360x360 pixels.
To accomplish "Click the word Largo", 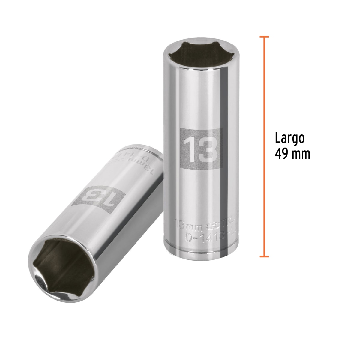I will [290, 139].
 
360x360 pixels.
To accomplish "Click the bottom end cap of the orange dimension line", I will [264, 256].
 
